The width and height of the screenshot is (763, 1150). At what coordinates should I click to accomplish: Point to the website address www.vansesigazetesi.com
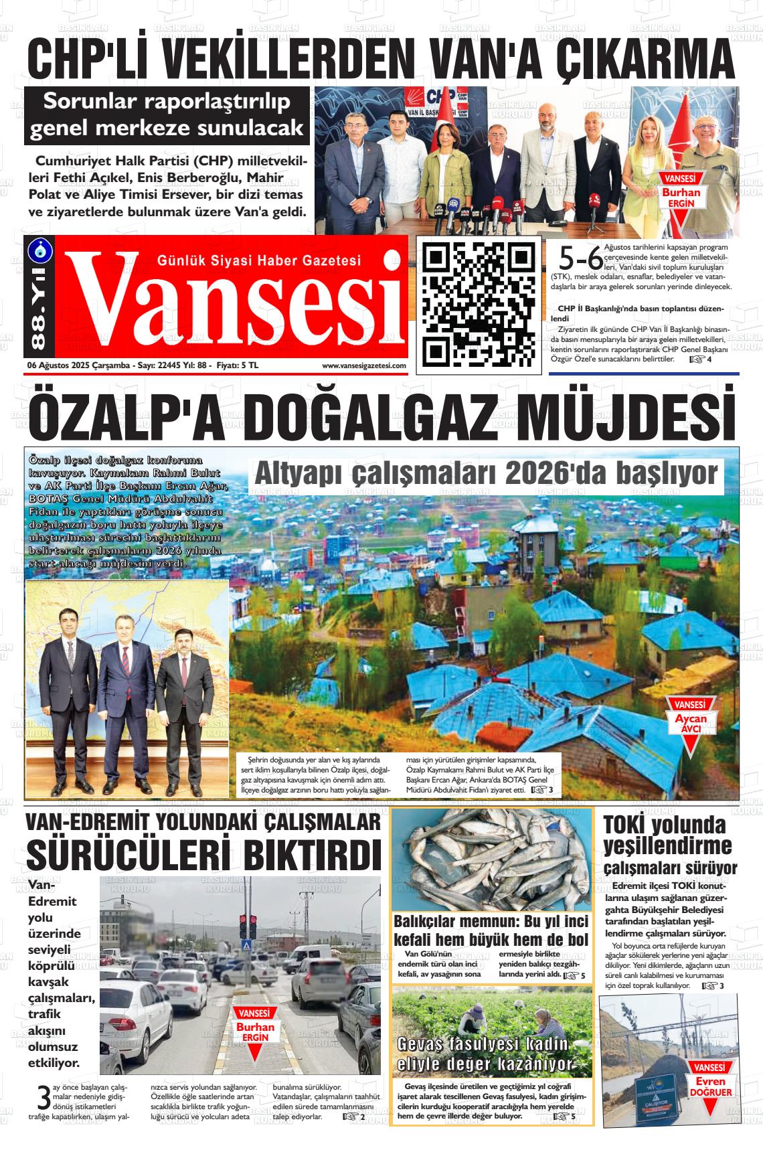pyautogui.click(x=364, y=365)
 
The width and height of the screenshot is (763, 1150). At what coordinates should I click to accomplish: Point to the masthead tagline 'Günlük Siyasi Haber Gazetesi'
pyautogui.click(x=258, y=260)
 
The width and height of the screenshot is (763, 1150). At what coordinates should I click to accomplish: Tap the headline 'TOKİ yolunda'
pyautogui.click(x=664, y=825)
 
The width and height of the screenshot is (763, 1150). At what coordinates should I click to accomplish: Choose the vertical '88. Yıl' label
pyautogui.click(x=37, y=314)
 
